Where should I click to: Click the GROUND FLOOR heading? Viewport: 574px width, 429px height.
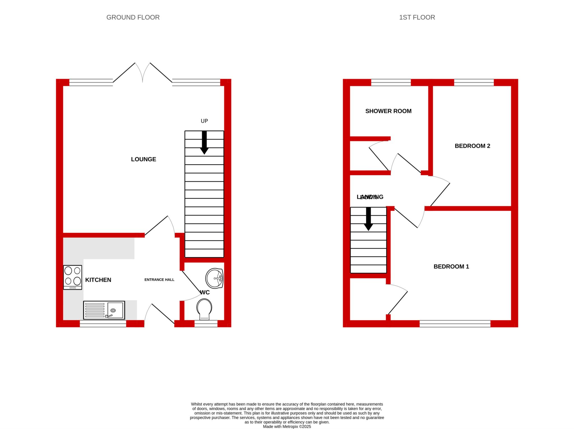tap(133, 17)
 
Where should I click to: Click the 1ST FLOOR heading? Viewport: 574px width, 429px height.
tap(417, 17)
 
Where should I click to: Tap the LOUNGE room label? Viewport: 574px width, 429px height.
tap(143, 159)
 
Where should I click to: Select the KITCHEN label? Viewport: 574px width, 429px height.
tap(98, 280)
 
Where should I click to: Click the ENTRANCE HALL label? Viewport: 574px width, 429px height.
tap(159, 280)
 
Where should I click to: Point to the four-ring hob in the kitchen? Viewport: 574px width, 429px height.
tap(73, 277)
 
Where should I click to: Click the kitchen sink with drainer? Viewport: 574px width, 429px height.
tap(104, 310)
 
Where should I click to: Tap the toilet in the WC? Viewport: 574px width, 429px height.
tap(204, 309)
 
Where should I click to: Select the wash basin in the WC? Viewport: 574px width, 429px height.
tap(214, 278)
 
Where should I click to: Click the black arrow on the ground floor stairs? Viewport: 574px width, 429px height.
tap(204, 142)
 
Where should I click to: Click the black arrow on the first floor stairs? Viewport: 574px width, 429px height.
tap(368, 219)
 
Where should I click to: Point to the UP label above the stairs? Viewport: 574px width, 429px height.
tap(204, 121)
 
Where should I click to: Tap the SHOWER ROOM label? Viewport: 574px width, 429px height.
tap(388, 111)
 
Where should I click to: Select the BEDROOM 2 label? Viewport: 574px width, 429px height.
tap(472, 146)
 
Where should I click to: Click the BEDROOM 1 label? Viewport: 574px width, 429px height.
tap(451, 267)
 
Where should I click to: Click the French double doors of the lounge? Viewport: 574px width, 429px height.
tap(143, 73)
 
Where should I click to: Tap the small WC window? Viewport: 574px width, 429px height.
tap(206, 324)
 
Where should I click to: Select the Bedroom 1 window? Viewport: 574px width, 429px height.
tap(455, 324)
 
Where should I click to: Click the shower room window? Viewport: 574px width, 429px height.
tap(391, 82)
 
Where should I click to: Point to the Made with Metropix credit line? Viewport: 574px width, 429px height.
tap(287, 426)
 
